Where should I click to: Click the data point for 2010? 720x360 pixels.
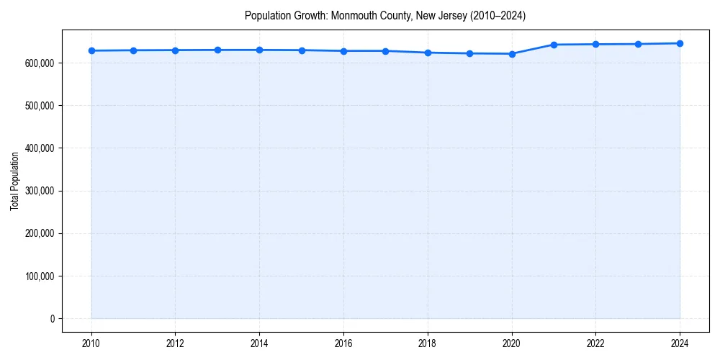tap(91, 50)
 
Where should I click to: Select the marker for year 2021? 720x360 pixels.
tap(554, 45)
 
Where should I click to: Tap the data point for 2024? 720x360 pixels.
tap(680, 43)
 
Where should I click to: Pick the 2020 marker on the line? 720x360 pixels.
tap(512, 54)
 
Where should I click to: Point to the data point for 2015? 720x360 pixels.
tap(302, 50)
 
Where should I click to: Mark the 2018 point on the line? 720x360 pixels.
tap(428, 53)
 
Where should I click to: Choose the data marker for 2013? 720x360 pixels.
tap(217, 50)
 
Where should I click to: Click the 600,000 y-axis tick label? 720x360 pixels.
tap(40, 63)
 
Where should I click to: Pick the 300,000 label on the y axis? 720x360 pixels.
tap(40, 191)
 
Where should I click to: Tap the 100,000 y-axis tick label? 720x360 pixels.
tap(40, 276)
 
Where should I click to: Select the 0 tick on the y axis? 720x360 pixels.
tap(52, 319)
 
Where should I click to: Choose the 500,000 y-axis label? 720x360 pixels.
tap(40, 106)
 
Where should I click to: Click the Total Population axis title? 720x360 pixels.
tap(14, 181)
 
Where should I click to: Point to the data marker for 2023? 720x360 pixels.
tap(638, 44)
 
